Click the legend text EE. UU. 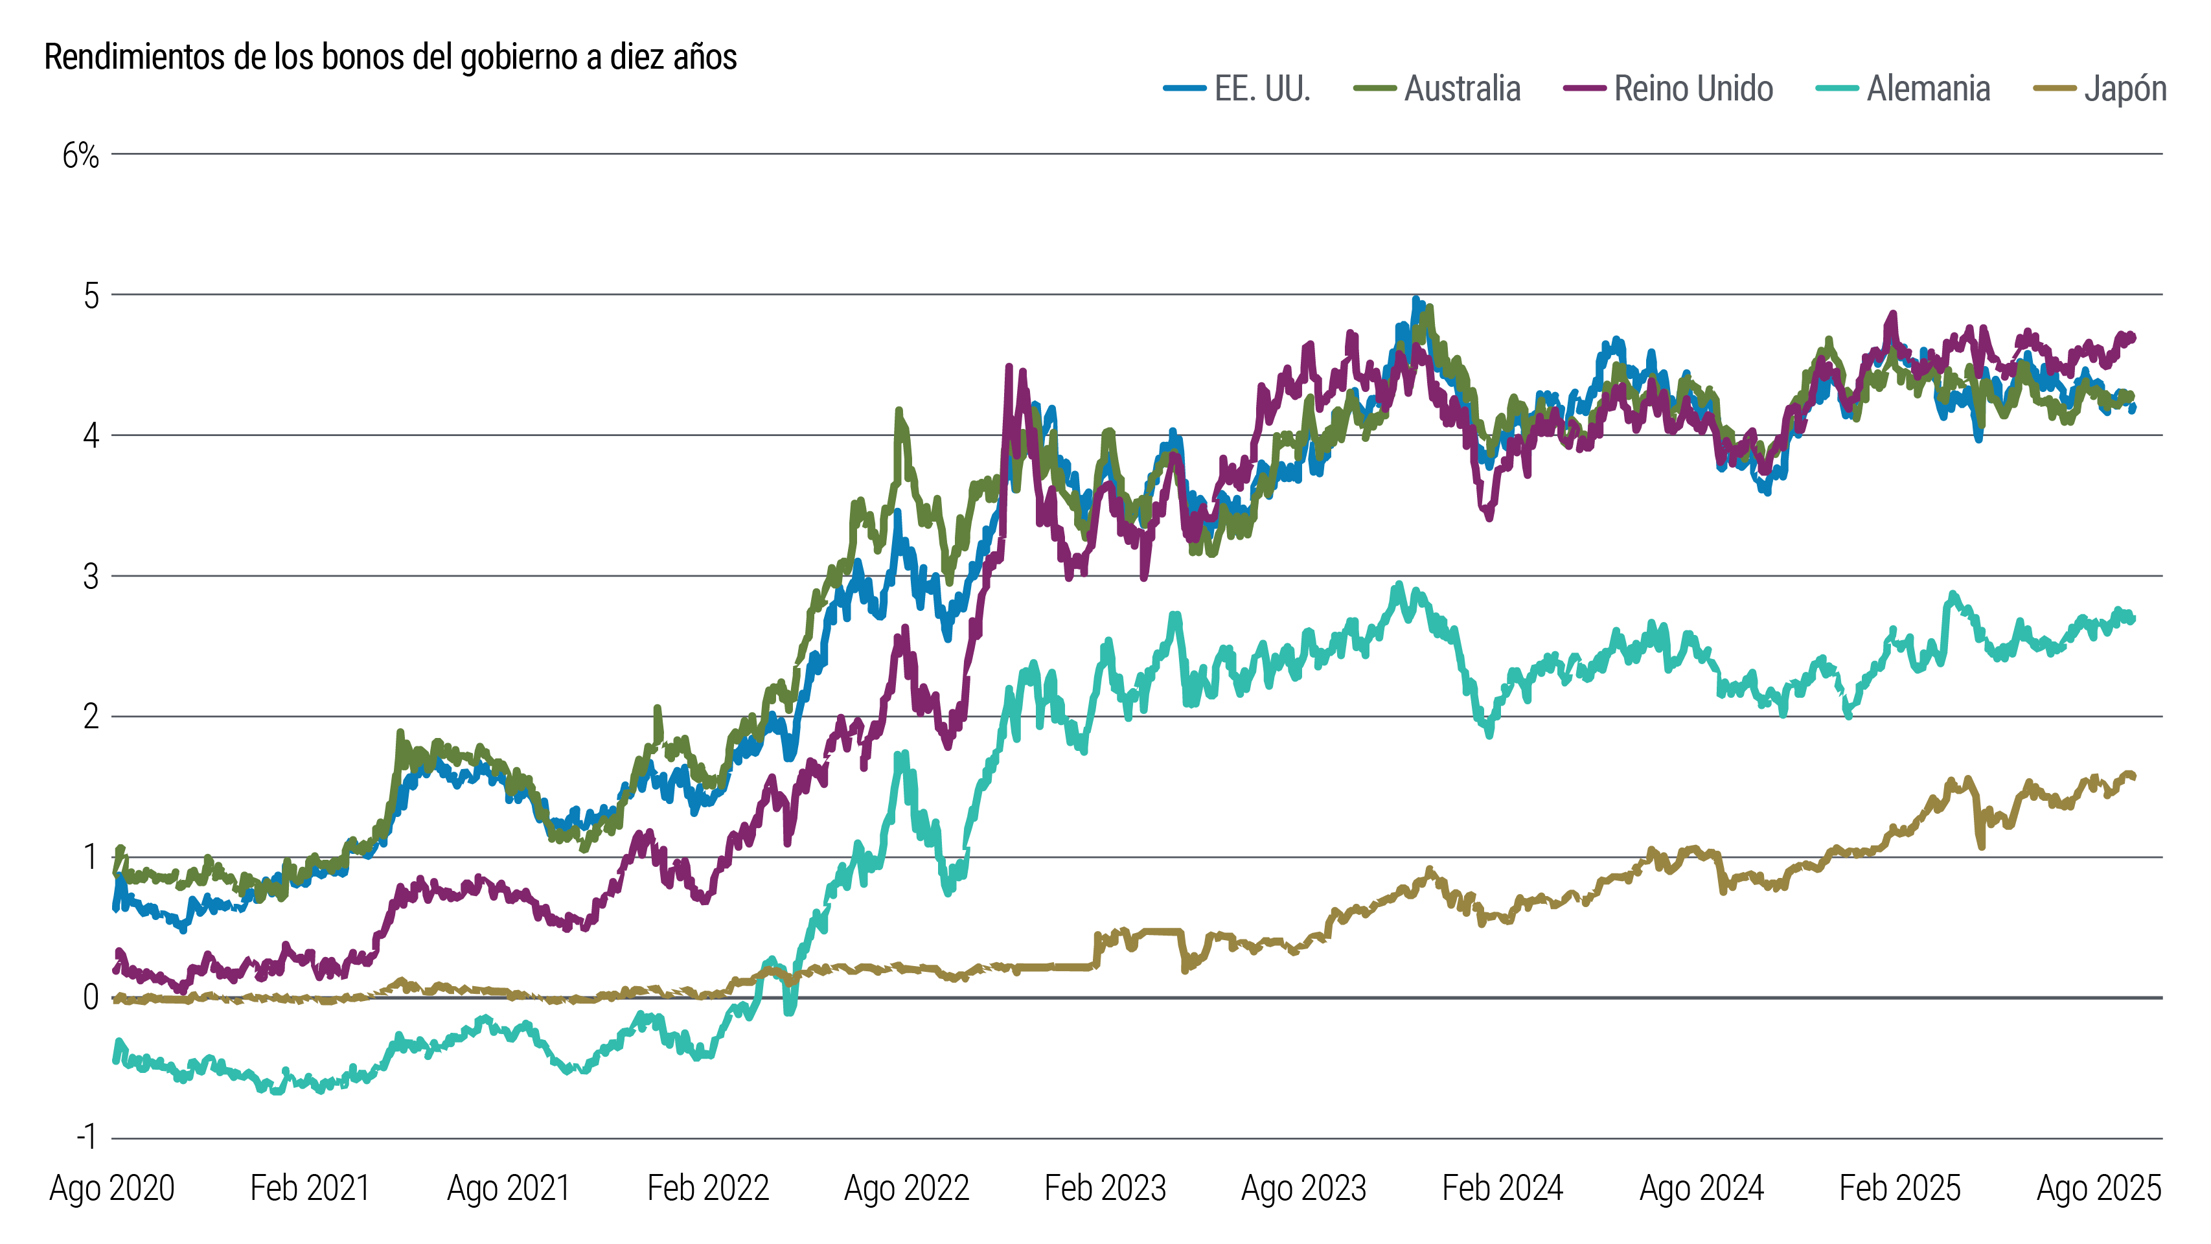pyautogui.click(x=1262, y=88)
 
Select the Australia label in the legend pyautogui.click(x=1461, y=88)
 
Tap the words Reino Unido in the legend pyautogui.click(x=1693, y=88)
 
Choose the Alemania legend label pyautogui.click(x=1928, y=88)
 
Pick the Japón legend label pyautogui.click(x=2125, y=88)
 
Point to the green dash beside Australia pyautogui.click(x=1374, y=88)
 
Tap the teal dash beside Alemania pyautogui.click(x=1837, y=88)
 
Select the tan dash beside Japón pyautogui.click(x=2055, y=88)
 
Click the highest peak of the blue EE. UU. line pyautogui.click(x=1416, y=299)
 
